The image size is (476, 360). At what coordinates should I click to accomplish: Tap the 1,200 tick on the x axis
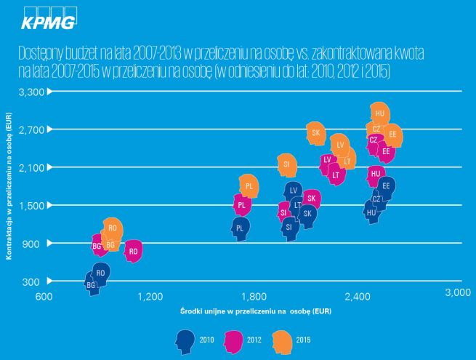(x=150, y=296)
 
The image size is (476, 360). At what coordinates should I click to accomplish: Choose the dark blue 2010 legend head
(x=185, y=339)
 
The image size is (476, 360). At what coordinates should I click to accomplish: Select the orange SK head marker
(x=315, y=132)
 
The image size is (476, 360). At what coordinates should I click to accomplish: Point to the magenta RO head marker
(x=132, y=251)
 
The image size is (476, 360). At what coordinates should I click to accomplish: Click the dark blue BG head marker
(x=92, y=284)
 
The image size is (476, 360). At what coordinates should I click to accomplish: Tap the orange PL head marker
(x=249, y=186)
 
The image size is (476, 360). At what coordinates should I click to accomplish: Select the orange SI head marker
(x=287, y=165)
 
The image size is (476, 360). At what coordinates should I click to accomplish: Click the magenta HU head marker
(x=375, y=175)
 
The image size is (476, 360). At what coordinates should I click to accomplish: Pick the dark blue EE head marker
(x=387, y=186)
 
